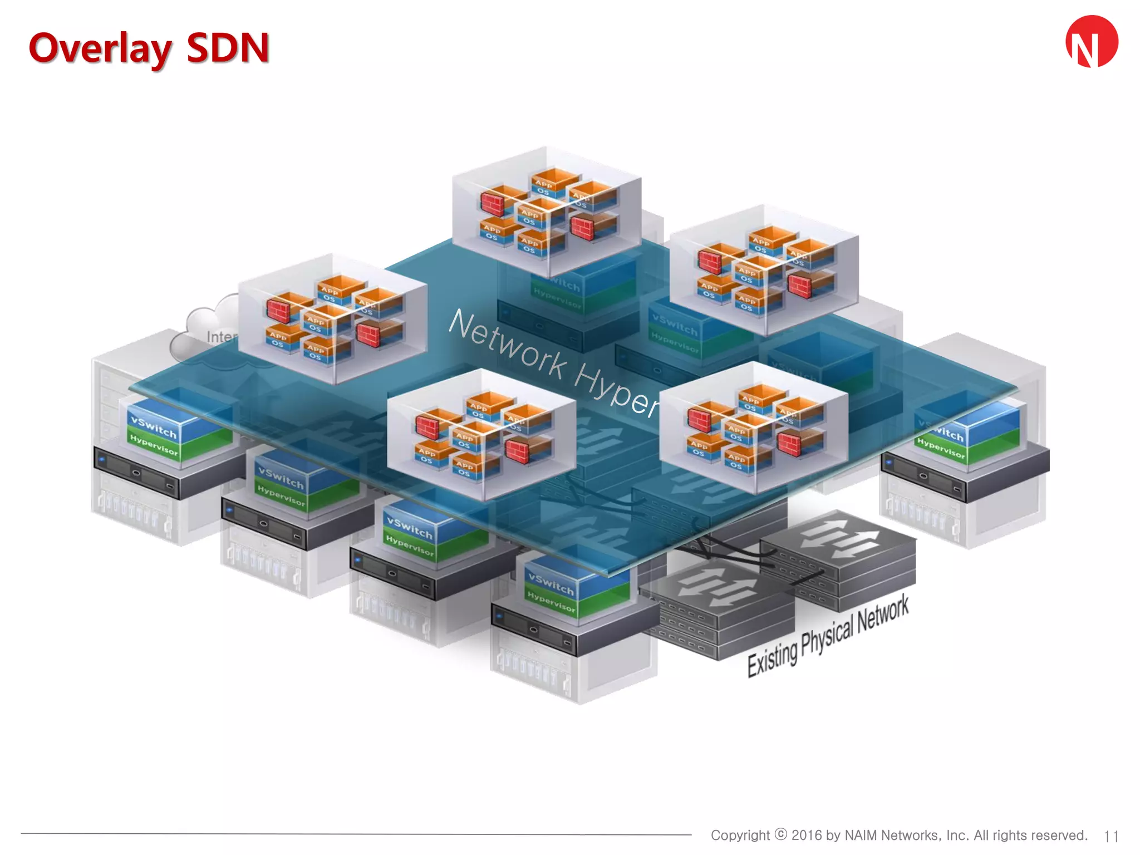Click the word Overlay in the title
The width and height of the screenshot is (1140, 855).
pyautogui.click(x=100, y=49)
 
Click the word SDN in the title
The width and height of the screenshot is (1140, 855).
pyautogui.click(x=228, y=48)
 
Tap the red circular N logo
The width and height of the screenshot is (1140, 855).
pyautogui.click(x=1092, y=42)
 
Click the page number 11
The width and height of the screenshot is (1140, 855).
pyautogui.click(x=1111, y=836)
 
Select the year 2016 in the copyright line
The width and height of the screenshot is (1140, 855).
pyautogui.click(x=807, y=835)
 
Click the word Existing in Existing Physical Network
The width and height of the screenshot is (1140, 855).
pyautogui.click(x=772, y=659)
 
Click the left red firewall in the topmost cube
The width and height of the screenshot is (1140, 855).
pyautogui.click(x=493, y=204)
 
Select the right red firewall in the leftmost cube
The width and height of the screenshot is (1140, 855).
pyautogui.click(x=368, y=335)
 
